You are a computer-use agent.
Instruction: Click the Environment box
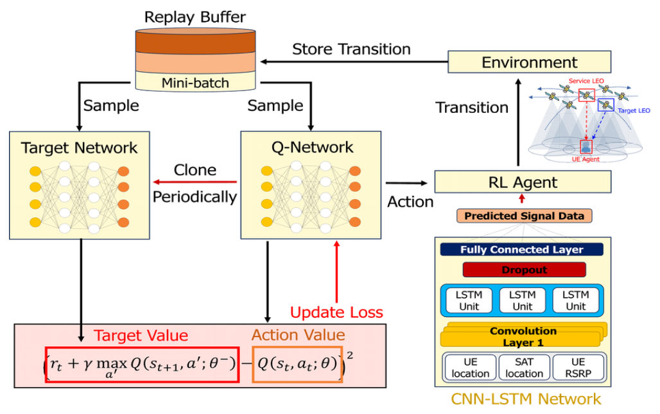[529, 62]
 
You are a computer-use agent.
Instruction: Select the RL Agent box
[522, 182]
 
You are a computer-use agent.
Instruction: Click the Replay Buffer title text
[195, 17]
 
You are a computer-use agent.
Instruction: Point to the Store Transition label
[351, 49]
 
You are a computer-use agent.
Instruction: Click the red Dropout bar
[524, 270]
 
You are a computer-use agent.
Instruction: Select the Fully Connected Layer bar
[522, 250]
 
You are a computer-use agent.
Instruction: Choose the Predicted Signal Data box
[524, 216]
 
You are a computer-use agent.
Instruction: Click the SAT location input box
[524, 368]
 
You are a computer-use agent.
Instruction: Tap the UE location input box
[471, 368]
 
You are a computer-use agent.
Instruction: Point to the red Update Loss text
[336, 313]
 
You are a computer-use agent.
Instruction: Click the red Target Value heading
[141, 335]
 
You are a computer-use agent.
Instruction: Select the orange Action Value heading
[298, 335]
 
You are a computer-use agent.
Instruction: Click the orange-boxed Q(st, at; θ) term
[297, 364]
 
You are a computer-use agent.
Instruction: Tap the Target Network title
[79, 148]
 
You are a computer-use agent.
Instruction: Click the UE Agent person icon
[586, 146]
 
